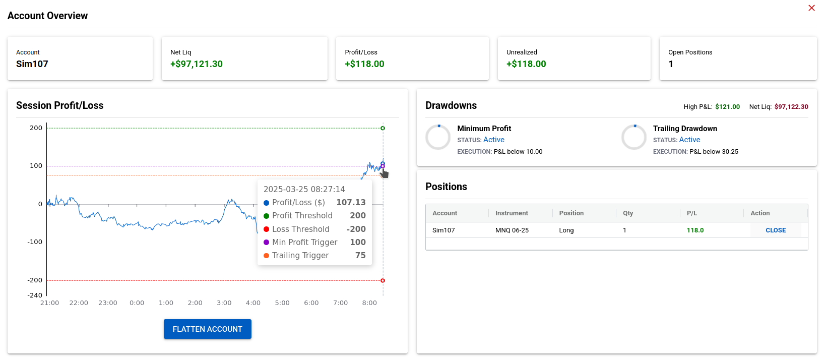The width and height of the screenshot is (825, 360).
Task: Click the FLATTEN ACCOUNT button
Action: (x=207, y=329)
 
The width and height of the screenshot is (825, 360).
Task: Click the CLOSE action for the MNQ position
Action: (x=775, y=230)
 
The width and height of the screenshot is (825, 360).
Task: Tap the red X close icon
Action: (x=811, y=8)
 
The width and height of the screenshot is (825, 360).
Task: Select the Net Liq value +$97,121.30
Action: (x=196, y=64)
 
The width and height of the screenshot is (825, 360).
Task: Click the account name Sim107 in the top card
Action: (x=32, y=64)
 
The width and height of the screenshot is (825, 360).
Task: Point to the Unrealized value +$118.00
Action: (x=526, y=64)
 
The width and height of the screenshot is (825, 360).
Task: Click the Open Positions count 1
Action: (x=671, y=64)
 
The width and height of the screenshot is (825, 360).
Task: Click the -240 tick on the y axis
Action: (x=35, y=295)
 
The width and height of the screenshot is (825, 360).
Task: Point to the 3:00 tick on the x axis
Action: (x=224, y=303)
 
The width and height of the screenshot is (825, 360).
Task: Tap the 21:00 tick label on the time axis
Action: (x=49, y=303)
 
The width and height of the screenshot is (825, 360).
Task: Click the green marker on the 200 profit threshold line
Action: (x=383, y=128)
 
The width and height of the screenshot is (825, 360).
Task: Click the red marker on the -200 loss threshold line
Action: (x=383, y=280)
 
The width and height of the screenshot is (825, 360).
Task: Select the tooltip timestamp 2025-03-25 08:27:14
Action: (x=304, y=189)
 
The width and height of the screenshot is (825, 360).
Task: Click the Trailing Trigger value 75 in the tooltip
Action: (x=360, y=255)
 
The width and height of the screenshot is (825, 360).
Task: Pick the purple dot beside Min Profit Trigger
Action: (x=267, y=242)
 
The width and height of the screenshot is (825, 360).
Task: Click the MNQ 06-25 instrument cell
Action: (x=512, y=230)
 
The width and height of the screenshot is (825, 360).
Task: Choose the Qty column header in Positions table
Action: (x=627, y=213)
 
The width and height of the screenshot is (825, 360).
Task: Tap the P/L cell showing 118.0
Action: (x=695, y=230)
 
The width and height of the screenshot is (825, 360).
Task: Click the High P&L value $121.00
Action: (x=727, y=107)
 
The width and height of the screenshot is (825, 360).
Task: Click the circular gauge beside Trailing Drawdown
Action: (x=633, y=137)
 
